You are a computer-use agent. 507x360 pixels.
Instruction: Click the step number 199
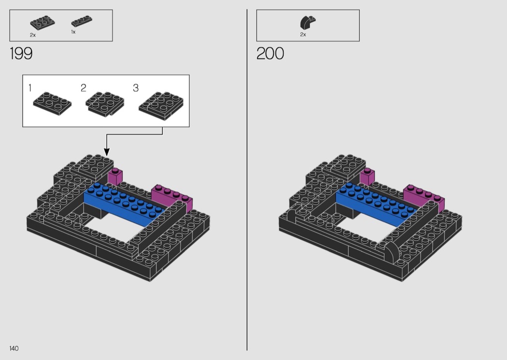(x=21, y=53)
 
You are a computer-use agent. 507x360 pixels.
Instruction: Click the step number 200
(x=270, y=53)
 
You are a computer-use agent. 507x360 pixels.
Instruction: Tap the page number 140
(x=14, y=348)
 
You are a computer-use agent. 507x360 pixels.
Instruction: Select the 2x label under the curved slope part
(x=303, y=34)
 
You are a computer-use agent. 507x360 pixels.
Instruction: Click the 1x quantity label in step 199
(x=73, y=32)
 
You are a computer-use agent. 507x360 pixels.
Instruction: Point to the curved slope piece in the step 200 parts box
(x=308, y=23)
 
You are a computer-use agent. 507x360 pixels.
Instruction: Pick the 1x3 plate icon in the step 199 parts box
(x=82, y=21)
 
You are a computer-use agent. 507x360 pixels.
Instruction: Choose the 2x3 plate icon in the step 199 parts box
(x=42, y=23)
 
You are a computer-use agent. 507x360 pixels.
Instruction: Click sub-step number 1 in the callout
(x=30, y=87)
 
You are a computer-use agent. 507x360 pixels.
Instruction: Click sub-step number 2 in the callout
(x=84, y=87)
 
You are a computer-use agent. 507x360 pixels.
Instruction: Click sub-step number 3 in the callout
(x=136, y=87)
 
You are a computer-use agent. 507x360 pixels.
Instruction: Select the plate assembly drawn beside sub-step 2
(x=105, y=104)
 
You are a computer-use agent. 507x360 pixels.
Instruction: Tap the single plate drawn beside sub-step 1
(x=52, y=103)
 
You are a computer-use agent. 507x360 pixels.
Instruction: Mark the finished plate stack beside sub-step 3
(x=161, y=106)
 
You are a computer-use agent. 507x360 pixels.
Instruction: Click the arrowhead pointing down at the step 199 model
(x=107, y=152)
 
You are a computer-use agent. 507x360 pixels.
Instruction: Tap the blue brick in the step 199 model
(x=125, y=204)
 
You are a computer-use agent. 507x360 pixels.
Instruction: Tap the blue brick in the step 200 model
(x=377, y=204)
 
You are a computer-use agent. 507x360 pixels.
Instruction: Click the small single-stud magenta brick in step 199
(x=115, y=176)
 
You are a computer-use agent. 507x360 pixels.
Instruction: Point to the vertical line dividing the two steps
(x=247, y=180)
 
